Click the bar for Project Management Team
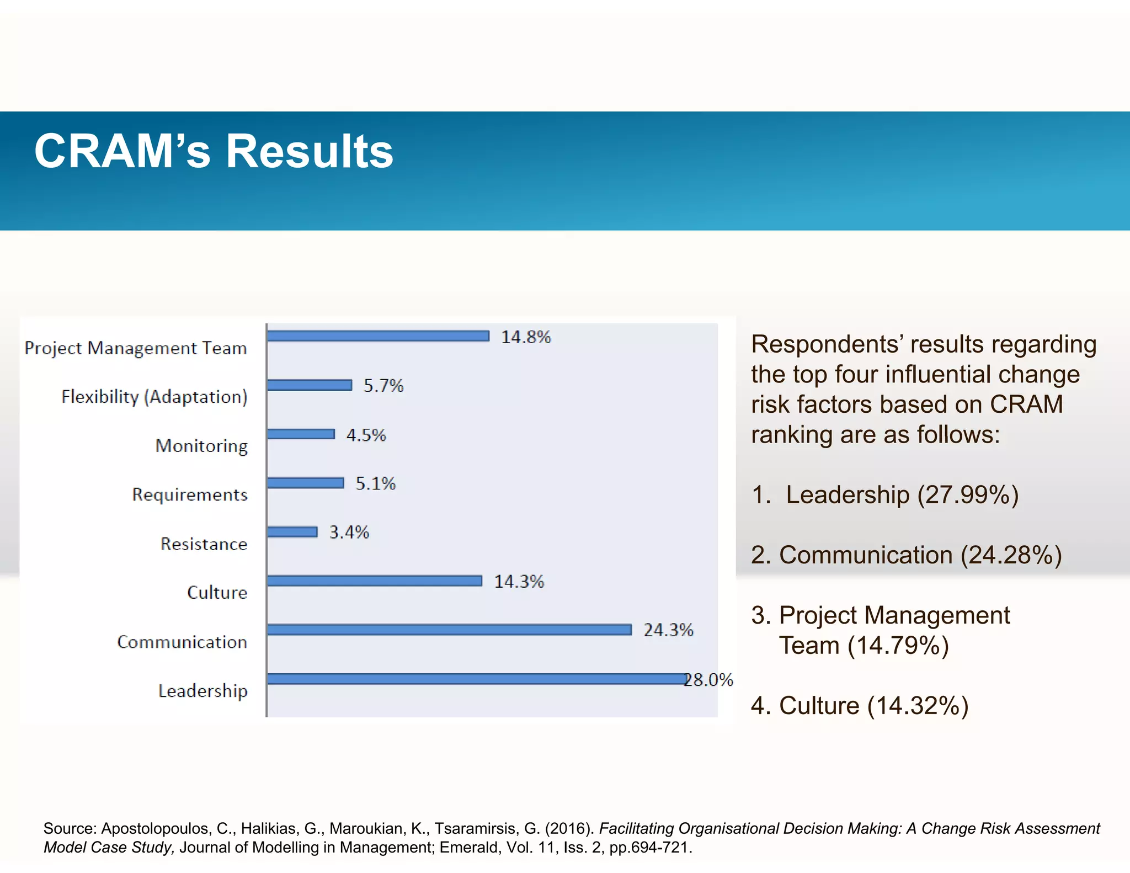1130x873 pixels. point(378,336)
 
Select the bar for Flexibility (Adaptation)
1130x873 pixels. point(310,385)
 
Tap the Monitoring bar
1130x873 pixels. point(301,434)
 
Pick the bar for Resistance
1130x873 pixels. point(292,532)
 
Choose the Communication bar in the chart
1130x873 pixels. point(449,630)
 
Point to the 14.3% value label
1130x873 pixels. point(519,581)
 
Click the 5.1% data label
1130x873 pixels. point(376,483)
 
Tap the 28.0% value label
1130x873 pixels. point(709,679)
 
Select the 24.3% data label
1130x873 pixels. point(668,630)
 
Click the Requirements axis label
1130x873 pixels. point(190,494)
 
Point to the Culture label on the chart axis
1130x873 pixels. point(217,592)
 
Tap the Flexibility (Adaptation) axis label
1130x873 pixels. point(154,397)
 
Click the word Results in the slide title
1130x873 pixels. point(310,151)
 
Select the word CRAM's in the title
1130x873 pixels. point(122,151)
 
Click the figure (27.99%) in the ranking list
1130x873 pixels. point(968,494)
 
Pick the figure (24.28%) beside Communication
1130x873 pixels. point(1011,555)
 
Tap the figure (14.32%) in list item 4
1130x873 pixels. point(918,705)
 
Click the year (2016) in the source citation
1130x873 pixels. point(569,828)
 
